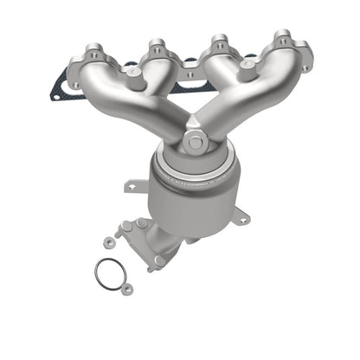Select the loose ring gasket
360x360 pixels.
pyautogui.click(x=108, y=274)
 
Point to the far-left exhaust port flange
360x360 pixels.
pyautogui.click(x=93, y=64)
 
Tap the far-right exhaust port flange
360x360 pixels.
pyautogui.click(x=282, y=48)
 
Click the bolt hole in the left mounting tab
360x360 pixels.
pyautogui.click(x=132, y=185)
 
